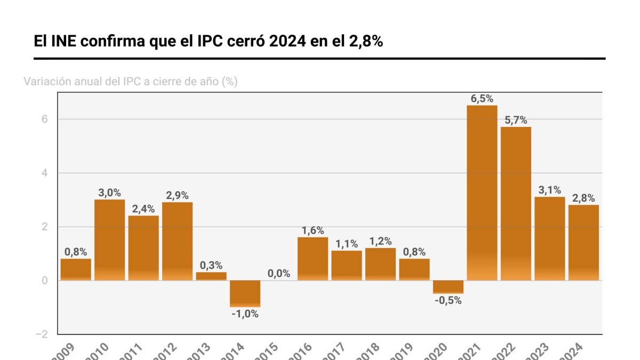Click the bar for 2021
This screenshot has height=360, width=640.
pyautogui.click(x=482, y=193)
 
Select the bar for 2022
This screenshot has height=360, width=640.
pyautogui.click(x=516, y=203)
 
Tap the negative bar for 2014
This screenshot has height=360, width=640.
pyautogui.click(x=245, y=293)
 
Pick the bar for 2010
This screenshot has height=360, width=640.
pyautogui.click(x=109, y=239)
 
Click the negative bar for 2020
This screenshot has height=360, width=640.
pyautogui.click(x=448, y=287)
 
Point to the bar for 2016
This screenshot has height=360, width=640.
pyautogui.click(x=313, y=259)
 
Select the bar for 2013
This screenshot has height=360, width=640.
pyautogui.click(x=211, y=276)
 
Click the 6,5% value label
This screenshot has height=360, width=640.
pyautogui.click(x=482, y=99)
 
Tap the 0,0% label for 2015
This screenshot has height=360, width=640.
pyautogui.click(x=279, y=274)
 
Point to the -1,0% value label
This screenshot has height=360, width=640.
pyautogui.click(x=245, y=314)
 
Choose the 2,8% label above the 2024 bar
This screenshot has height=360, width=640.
pyautogui.click(x=583, y=198)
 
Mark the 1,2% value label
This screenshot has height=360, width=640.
pyautogui.click(x=380, y=241)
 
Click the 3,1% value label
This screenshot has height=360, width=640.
pyautogui.click(x=549, y=190)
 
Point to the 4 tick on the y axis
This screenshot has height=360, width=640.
pyautogui.click(x=45, y=173)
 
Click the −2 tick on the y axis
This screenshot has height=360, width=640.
pyautogui.click(x=42, y=334)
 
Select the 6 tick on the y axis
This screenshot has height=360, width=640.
pyautogui.click(x=45, y=119)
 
